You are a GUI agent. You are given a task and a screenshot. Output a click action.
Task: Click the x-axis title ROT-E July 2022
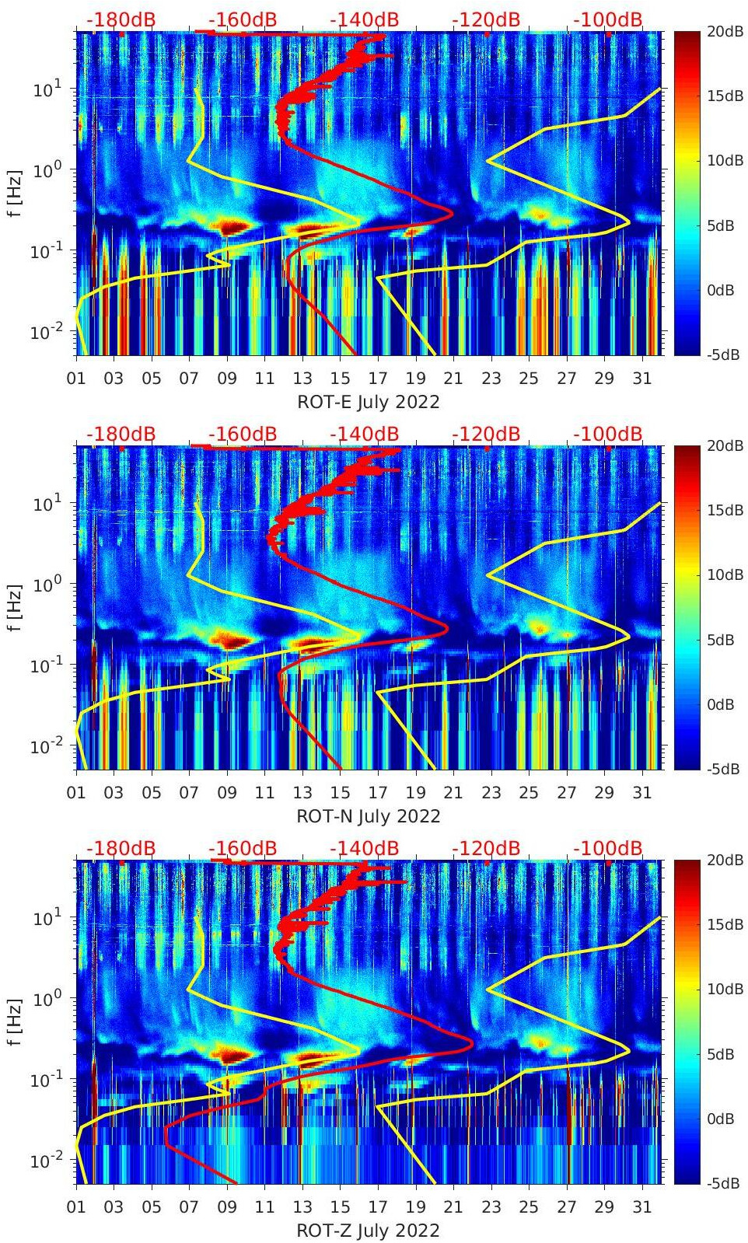pyautogui.click(x=369, y=402)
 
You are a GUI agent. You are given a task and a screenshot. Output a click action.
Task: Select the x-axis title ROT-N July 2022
pyautogui.click(x=369, y=816)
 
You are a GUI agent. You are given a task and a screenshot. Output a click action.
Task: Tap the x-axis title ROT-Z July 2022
pyautogui.click(x=369, y=1231)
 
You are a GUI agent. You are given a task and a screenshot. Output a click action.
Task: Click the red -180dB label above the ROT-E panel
pyautogui.click(x=121, y=19)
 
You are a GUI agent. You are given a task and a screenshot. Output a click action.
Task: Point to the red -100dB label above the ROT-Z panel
pyautogui.click(x=608, y=848)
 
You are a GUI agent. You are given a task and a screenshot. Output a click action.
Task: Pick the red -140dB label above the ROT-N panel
pyautogui.click(x=365, y=434)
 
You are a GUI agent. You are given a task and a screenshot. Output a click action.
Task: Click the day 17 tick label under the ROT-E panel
pyautogui.click(x=378, y=379)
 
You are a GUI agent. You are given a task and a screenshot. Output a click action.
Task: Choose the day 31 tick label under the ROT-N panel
pyautogui.click(x=641, y=793)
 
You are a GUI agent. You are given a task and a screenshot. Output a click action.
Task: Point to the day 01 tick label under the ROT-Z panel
pyautogui.click(x=76, y=1207)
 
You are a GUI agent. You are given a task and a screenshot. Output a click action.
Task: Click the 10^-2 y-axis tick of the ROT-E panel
pyautogui.click(x=45, y=332)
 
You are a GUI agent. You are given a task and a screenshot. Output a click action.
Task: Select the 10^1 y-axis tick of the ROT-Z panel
pyautogui.click(x=45, y=918)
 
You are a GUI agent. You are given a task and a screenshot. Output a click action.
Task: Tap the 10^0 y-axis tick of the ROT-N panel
pyautogui.click(x=45, y=584)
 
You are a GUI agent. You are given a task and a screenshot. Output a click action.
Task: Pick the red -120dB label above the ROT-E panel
pyautogui.click(x=486, y=19)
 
